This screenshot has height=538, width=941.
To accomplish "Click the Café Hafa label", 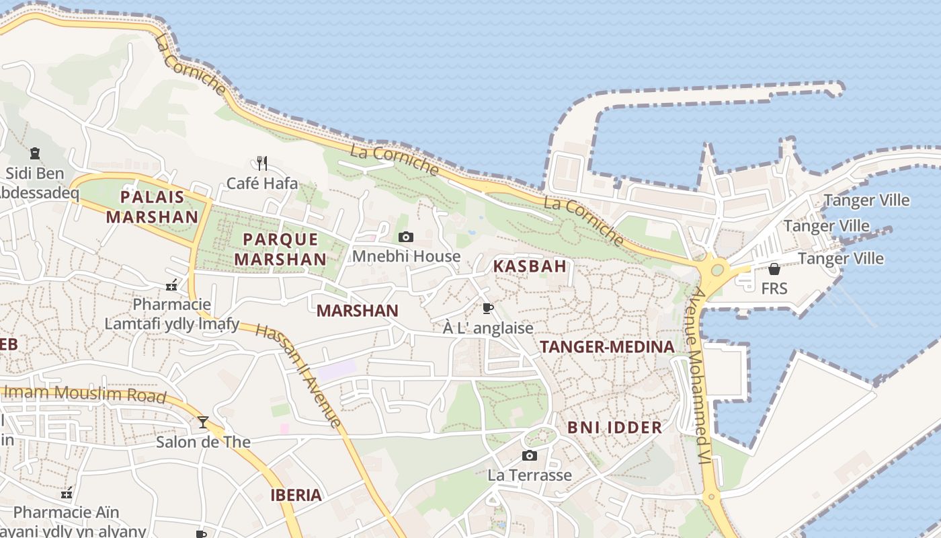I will point(261,183).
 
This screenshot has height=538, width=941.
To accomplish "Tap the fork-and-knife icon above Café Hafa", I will point(262,163).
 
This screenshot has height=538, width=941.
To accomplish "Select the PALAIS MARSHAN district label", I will point(152,206).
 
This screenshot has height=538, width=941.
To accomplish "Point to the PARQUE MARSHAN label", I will point(280,249).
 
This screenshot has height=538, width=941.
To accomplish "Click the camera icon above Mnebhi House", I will point(406,237).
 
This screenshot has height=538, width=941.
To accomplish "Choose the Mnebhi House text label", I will point(406,256).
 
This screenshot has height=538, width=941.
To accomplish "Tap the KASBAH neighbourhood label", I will point(530,266).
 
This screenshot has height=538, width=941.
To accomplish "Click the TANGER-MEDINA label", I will point(607,347).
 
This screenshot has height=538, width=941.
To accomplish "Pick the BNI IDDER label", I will point(614,428).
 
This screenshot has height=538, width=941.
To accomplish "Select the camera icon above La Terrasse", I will point(530,456).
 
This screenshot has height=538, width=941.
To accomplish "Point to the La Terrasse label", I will point(530,475).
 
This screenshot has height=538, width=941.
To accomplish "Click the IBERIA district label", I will point(296,496).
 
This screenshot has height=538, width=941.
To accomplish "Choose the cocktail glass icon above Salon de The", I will point(203,422).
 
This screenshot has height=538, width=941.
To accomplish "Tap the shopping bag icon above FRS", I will point(774,269).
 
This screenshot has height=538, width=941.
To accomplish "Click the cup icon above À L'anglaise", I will point(488,309).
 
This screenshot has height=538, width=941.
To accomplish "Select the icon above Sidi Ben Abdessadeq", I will point(35,154).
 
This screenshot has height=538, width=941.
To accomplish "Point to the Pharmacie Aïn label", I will point(66,512).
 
